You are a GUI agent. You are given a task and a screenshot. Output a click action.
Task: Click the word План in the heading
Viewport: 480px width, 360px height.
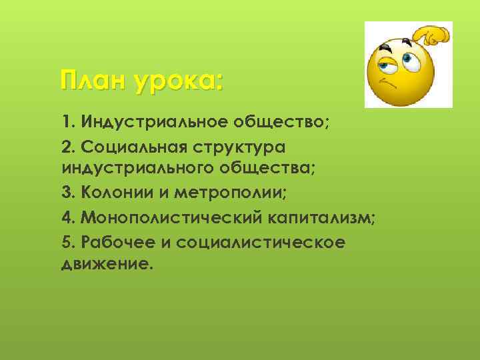coord(93,81)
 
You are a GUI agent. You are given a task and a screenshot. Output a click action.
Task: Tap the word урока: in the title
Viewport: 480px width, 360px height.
coord(178,81)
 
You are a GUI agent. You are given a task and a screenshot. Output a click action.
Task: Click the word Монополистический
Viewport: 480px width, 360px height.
coord(173,218)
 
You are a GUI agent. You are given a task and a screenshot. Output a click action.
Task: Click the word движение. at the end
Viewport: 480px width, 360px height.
coord(107,263)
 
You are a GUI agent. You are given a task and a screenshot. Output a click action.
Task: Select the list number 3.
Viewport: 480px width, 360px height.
coord(66,193)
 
